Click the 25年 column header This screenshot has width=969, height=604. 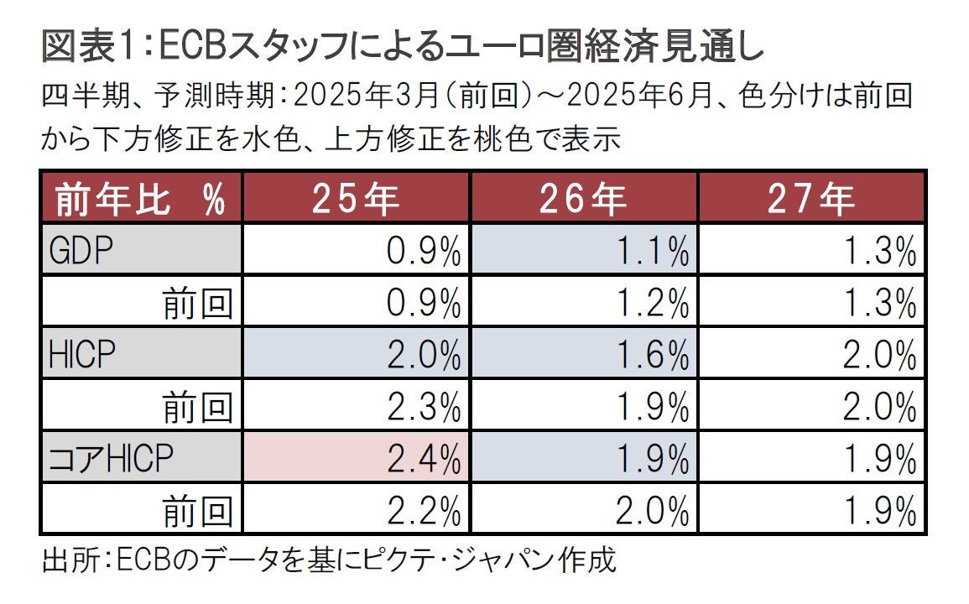click(x=356, y=199)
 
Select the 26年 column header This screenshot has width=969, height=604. click(x=584, y=199)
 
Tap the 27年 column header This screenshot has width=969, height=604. click(x=812, y=199)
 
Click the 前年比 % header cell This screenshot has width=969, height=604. click(x=141, y=199)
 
